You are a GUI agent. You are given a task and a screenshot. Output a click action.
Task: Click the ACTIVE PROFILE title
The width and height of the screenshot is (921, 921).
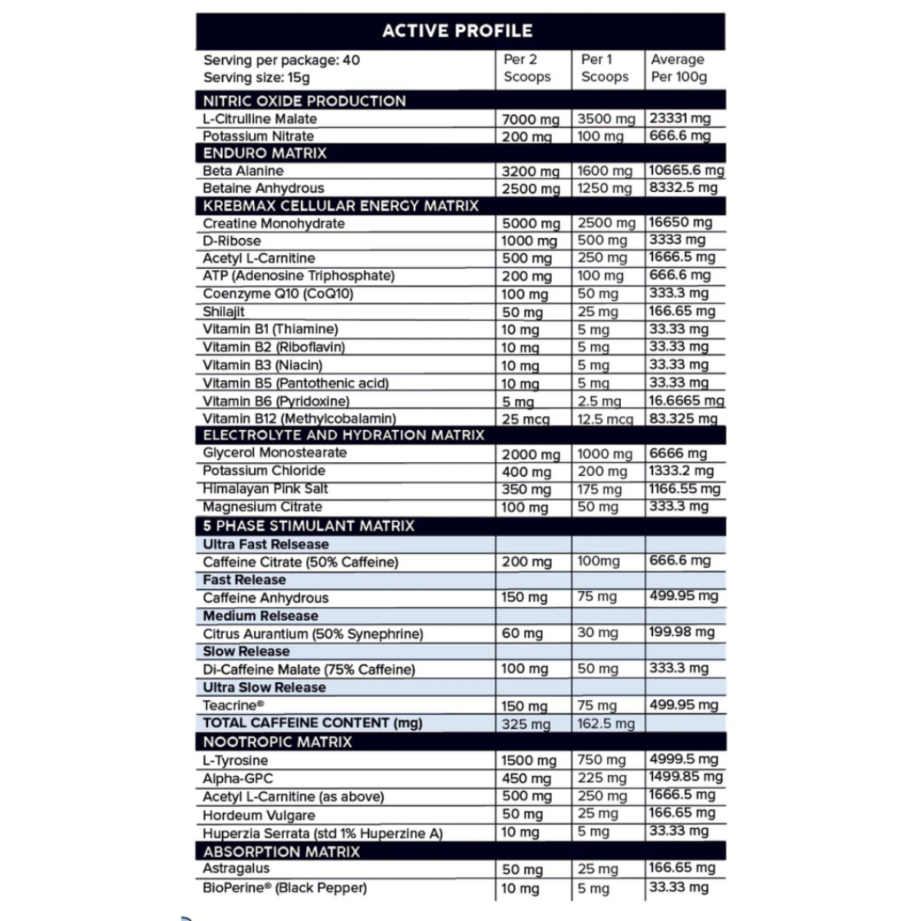[457, 31]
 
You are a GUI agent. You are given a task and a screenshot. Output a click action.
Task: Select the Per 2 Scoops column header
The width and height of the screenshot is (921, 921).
[527, 68]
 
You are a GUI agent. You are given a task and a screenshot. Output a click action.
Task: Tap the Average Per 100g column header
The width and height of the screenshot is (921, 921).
[678, 68]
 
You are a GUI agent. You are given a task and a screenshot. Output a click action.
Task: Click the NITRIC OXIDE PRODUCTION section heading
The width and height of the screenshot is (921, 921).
[304, 101]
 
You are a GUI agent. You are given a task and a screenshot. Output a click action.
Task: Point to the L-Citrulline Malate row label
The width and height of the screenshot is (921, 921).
[259, 119]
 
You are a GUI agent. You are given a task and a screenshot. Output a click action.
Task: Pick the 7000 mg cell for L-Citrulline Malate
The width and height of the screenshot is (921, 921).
[530, 120]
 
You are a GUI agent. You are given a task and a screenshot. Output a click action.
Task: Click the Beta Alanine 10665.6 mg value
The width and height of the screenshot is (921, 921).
[686, 170]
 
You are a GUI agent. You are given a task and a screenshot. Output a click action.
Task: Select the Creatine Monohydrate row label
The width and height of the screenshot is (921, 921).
[273, 224]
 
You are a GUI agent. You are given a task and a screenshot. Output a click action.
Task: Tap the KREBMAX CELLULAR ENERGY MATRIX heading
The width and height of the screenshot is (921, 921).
[340, 206]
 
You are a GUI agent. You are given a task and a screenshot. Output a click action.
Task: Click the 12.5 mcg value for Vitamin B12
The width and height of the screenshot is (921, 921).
[605, 419]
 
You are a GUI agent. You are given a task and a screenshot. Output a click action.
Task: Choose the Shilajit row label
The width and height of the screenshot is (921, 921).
[223, 312]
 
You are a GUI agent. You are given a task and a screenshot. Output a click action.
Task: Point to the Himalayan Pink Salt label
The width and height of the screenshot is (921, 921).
[265, 489]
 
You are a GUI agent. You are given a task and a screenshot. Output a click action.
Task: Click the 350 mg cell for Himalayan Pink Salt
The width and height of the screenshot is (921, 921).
[526, 490]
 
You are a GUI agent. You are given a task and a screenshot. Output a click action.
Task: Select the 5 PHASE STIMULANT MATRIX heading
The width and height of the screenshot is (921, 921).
[309, 526]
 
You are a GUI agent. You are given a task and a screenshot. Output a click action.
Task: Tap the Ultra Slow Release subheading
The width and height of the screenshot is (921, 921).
[264, 688]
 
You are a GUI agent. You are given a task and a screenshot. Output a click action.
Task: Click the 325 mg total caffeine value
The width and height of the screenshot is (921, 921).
[526, 724]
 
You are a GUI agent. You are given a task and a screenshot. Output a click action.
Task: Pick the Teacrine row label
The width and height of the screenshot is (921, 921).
[233, 705]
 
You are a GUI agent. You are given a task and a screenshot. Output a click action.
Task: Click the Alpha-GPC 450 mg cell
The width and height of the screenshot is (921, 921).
[526, 779]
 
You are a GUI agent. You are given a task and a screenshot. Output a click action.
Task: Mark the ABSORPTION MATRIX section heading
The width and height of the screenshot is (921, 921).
[281, 851]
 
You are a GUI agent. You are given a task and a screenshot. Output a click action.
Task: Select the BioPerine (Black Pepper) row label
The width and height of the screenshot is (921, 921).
[284, 888]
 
